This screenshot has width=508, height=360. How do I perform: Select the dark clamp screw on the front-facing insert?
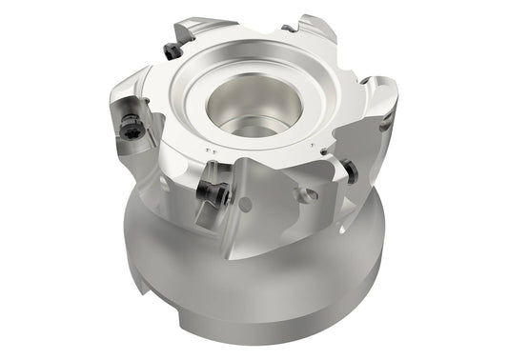(x=213, y=194)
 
